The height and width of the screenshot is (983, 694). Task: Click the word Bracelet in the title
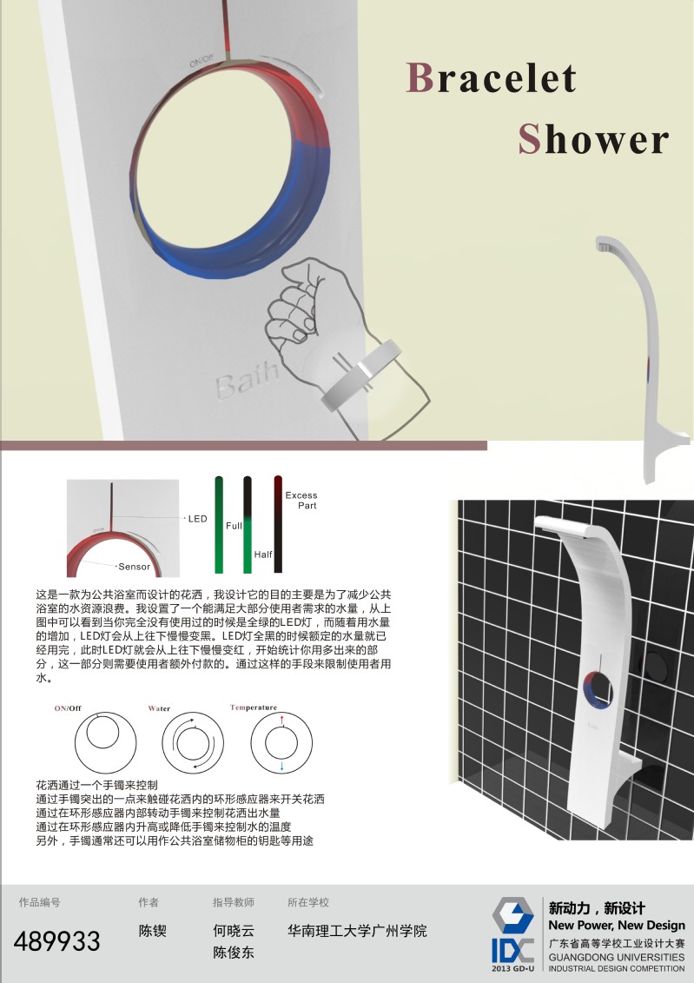(x=492, y=79)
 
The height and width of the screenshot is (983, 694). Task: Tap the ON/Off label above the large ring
(x=202, y=62)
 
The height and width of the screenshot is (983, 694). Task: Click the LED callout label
(x=198, y=519)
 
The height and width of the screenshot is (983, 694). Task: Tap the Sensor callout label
(x=134, y=568)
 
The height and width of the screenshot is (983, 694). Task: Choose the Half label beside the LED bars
(x=263, y=554)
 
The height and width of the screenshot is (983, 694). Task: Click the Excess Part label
(x=301, y=500)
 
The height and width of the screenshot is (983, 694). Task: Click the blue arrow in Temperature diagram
(x=282, y=767)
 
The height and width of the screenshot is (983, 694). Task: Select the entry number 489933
(x=57, y=940)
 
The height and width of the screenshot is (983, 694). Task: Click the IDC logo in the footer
(x=513, y=933)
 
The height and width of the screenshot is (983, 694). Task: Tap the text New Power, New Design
(x=617, y=926)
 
